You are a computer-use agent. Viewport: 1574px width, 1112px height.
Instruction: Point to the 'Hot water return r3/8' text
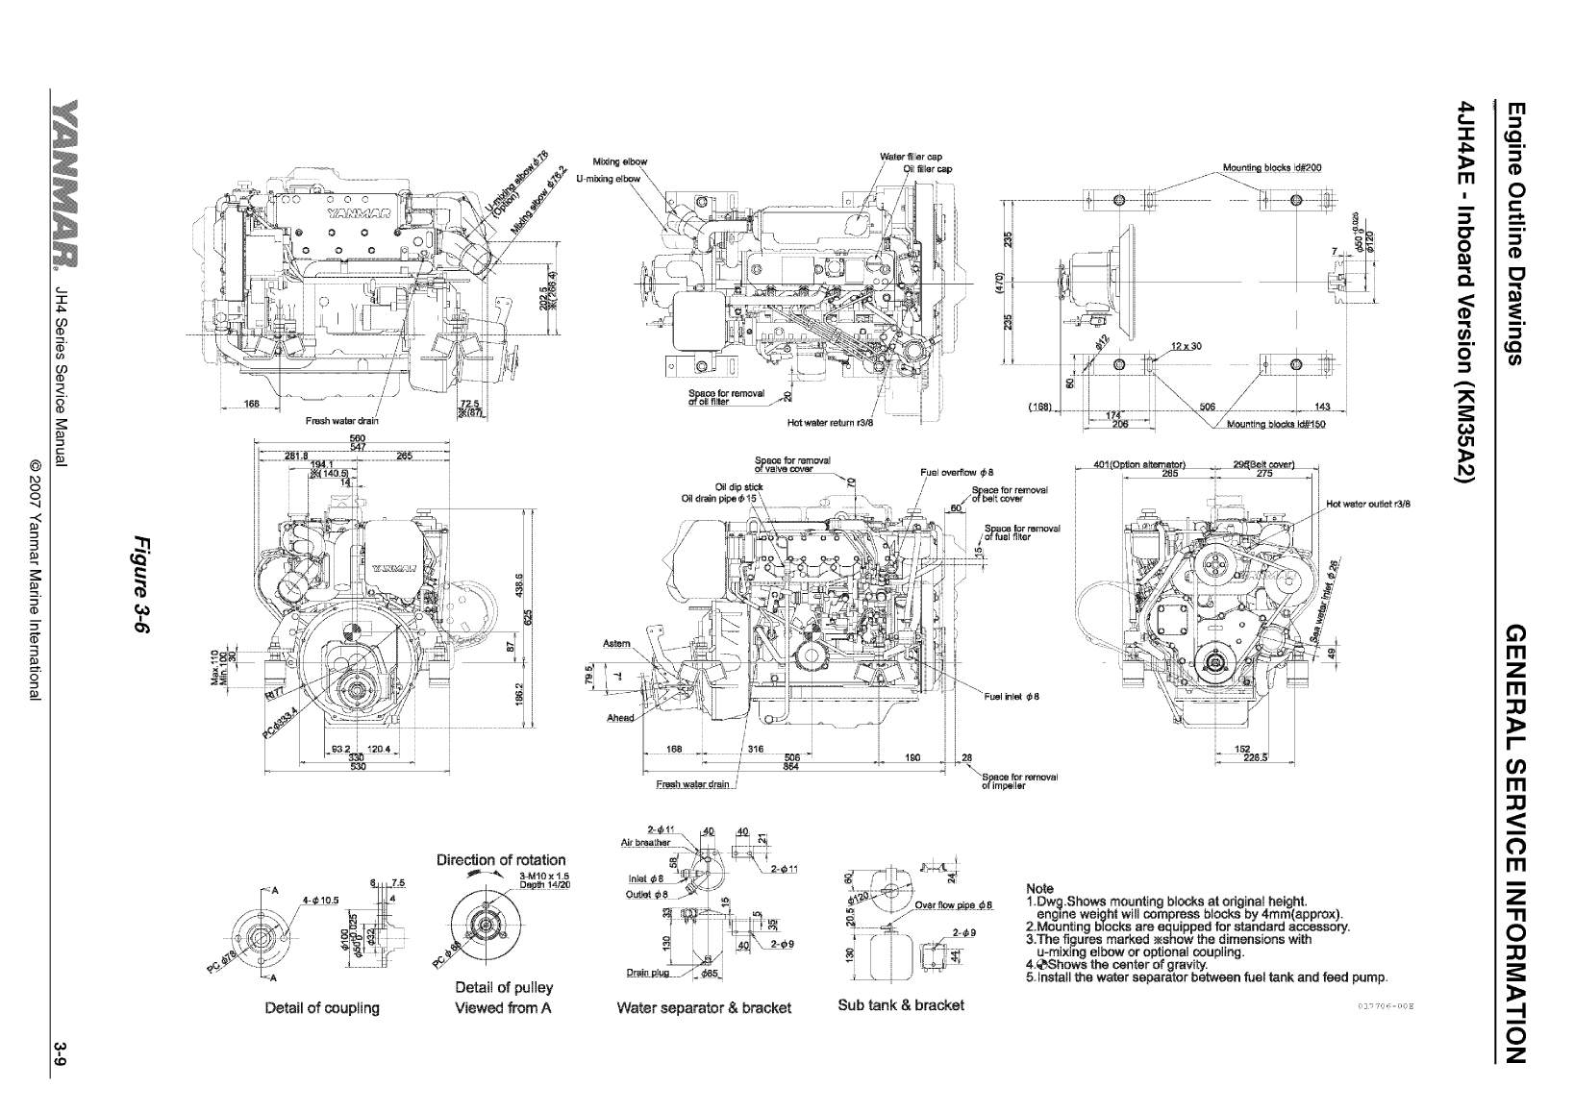[x=829, y=421]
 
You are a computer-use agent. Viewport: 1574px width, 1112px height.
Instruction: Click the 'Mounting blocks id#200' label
[x=1271, y=167]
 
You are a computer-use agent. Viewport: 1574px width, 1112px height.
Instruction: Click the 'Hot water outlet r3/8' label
[x=1367, y=504]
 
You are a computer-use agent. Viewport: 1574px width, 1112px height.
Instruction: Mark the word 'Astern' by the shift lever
[x=616, y=643]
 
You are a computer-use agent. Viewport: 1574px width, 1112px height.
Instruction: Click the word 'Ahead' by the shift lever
[x=620, y=718]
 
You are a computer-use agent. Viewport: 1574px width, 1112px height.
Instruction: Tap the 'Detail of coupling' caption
[x=322, y=1008]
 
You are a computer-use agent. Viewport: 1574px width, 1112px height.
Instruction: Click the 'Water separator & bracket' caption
[x=703, y=1008]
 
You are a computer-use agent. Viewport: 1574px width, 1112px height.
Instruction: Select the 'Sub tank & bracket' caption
[x=900, y=1004]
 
